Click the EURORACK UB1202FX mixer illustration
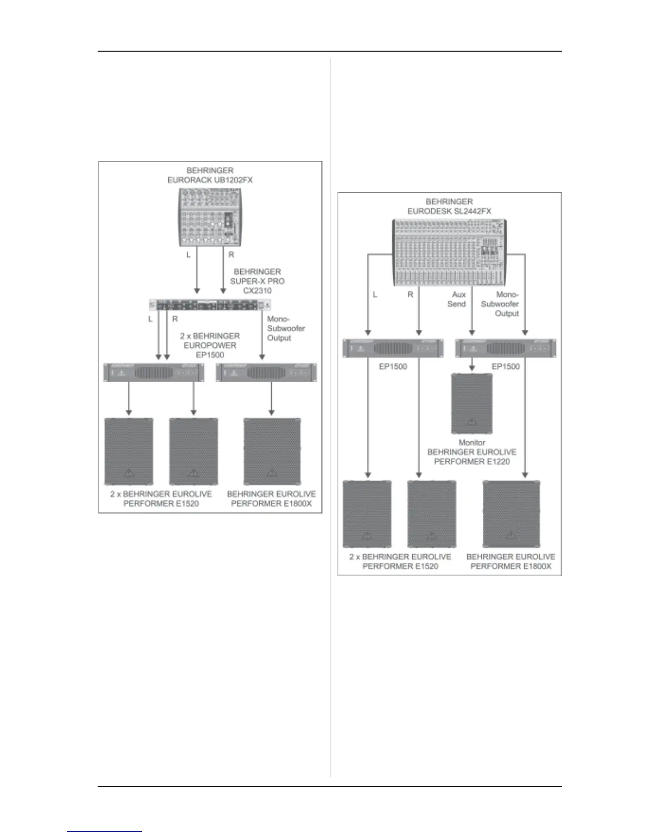(210, 217)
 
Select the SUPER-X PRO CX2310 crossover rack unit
(210, 306)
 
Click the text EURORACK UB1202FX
(210, 180)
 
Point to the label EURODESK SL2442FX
(449, 211)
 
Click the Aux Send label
(457, 299)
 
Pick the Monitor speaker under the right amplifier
(472, 403)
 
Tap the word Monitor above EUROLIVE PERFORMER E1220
(472, 443)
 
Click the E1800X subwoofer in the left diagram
(271, 451)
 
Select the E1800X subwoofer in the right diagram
(510, 514)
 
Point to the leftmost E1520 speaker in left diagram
(129, 451)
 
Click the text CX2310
(258, 291)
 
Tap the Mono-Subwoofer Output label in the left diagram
(286, 328)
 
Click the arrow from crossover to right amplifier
(263, 338)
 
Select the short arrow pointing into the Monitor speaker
(472, 365)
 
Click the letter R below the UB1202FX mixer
(231, 254)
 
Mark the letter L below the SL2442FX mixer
(375, 294)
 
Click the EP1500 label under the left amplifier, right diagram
(393, 366)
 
